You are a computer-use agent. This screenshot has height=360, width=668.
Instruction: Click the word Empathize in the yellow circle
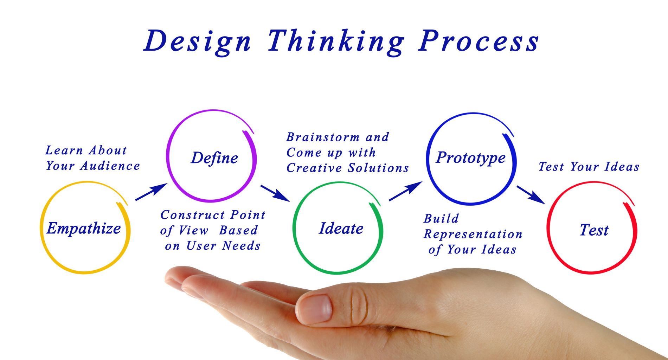[84, 229]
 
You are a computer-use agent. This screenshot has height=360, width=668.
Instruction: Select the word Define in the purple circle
[214, 158]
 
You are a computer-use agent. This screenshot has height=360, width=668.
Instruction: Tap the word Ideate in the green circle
[341, 229]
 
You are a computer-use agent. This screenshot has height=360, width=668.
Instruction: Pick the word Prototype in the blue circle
[471, 158]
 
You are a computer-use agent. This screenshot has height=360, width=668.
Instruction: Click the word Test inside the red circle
[594, 230]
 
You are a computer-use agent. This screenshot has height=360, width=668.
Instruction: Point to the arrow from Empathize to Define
[152, 192]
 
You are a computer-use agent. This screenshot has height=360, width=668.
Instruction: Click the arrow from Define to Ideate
[275, 193]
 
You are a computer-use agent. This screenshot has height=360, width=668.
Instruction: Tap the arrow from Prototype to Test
[531, 195]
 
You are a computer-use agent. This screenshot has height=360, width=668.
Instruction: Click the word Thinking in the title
[336, 41]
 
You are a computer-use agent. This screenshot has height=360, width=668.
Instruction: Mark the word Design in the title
[198, 41]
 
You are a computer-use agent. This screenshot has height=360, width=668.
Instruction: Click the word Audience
[110, 166]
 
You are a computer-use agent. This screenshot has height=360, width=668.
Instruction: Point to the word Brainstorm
[323, 137]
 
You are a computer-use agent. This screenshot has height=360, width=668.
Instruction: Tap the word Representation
[473, 234]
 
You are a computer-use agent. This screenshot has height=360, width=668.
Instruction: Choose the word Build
[441, 219]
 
